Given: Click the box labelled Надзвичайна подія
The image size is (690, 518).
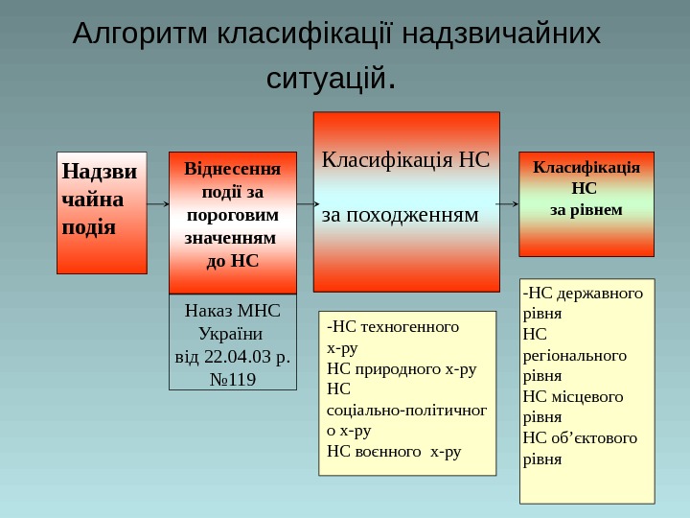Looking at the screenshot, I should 102,212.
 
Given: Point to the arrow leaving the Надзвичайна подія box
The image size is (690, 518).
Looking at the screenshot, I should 158,204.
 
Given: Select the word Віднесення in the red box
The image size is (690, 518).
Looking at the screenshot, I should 233,169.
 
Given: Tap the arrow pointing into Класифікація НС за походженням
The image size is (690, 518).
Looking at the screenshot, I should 305,204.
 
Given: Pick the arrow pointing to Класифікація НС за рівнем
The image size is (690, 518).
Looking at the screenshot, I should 509,204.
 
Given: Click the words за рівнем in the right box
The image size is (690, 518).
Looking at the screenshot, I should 586,208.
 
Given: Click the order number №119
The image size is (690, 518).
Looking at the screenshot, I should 232,379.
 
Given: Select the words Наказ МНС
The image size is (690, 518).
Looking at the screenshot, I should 232,312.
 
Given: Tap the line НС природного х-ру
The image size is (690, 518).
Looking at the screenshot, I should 402,367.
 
